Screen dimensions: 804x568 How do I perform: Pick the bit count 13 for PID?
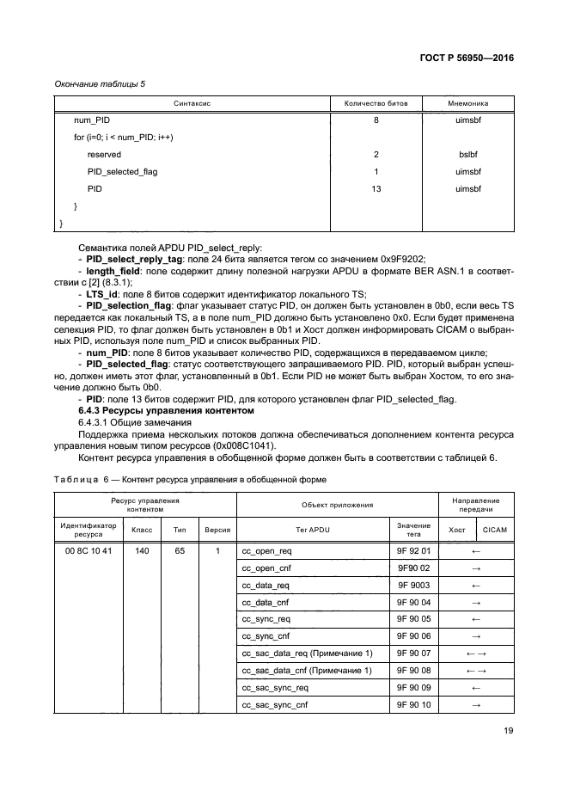click(376, 188)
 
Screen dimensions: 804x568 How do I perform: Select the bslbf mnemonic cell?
click(467, 155)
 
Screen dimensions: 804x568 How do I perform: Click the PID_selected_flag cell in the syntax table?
click(122, 172)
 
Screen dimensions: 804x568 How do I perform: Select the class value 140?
click(142, 550)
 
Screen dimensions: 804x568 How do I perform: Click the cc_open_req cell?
click(267, 550)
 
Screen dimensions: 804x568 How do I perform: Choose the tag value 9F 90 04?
click(413, 602)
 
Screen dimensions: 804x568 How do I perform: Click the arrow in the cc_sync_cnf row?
click(475, 636)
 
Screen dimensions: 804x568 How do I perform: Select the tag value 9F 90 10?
click(413, 705)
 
